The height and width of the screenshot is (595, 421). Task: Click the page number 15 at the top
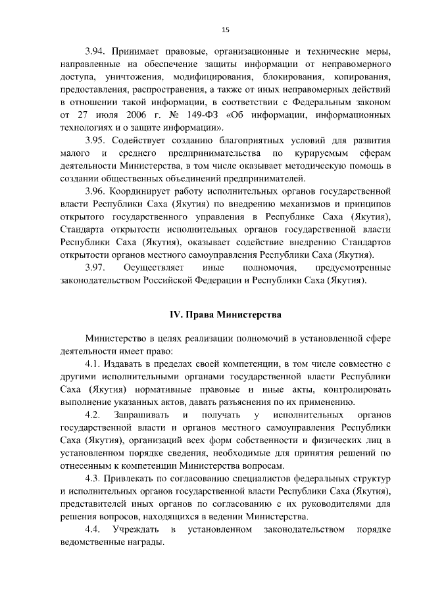225,30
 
